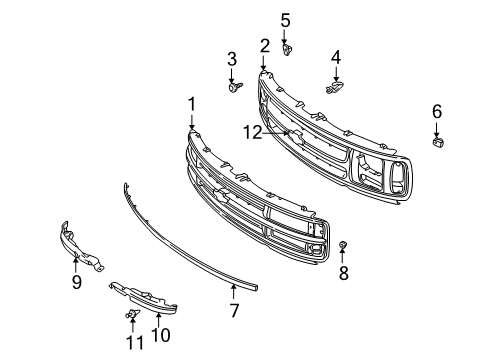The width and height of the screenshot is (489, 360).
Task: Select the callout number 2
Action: (265, 45)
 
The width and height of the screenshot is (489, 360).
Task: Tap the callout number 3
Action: (231, 59)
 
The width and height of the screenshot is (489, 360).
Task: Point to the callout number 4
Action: (336, 57)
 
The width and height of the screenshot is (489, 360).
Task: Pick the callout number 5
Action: (285, 19)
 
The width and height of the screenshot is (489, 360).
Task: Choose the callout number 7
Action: (234, 311)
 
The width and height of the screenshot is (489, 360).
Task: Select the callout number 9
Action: (76, 282)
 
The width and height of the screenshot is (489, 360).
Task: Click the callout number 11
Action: (131, 342)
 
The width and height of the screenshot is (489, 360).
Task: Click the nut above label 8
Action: (342, 246)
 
